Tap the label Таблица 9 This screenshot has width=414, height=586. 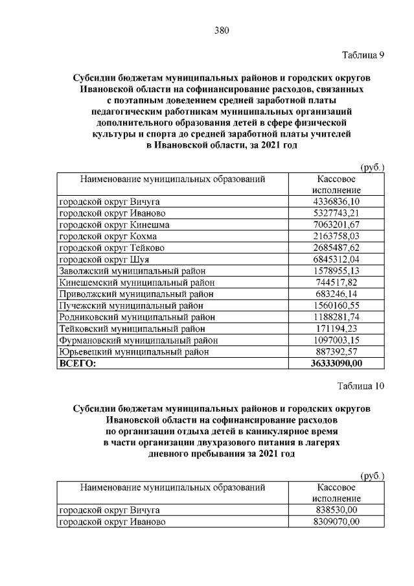tap(363, 55)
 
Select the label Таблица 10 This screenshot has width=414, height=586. tap(361, 386)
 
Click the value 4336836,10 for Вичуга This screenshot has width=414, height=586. tap(336, 202)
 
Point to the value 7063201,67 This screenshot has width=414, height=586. tap(336, 225)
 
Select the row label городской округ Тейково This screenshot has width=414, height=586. tap(111, 248)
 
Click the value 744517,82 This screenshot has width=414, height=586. tap(336, 283)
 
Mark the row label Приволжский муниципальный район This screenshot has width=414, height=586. tap(137, 294)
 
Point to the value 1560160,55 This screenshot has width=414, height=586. tap(336, 306)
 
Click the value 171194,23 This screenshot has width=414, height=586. tap(336, 329)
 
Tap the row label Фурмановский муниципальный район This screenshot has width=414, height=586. tap(139, 340)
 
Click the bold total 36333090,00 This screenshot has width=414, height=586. tap(336, 364)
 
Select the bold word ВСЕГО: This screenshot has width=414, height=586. tap(77, 364)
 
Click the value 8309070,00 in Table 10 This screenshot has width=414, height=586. tap(336, 521)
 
